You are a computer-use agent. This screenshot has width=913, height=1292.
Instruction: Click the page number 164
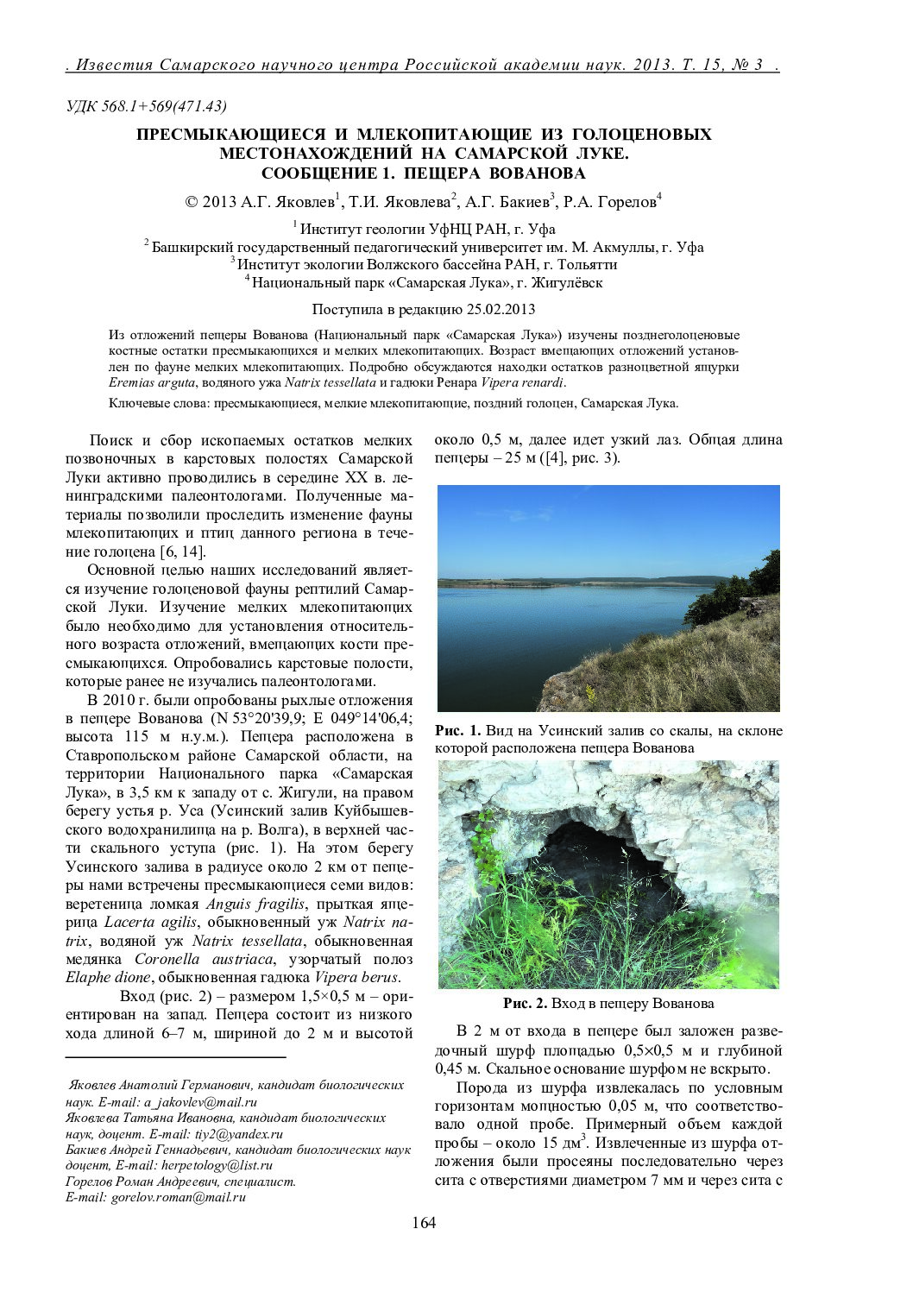[424, 1222]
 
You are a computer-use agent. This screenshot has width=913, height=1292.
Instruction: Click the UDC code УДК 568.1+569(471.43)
[147, 106]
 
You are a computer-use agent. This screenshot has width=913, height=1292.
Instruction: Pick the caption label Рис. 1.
[457, 731]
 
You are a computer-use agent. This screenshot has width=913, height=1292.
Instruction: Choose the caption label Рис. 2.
[525, 1004]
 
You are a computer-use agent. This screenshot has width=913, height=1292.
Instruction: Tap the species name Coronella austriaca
[205, 959]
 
